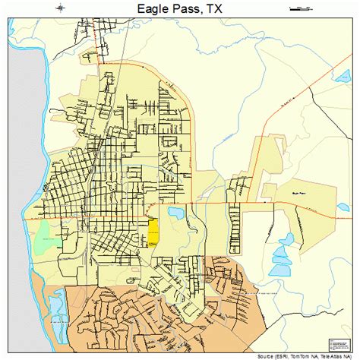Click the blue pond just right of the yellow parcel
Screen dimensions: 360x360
(175, 215)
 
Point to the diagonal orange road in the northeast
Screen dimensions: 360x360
(319, 84)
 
